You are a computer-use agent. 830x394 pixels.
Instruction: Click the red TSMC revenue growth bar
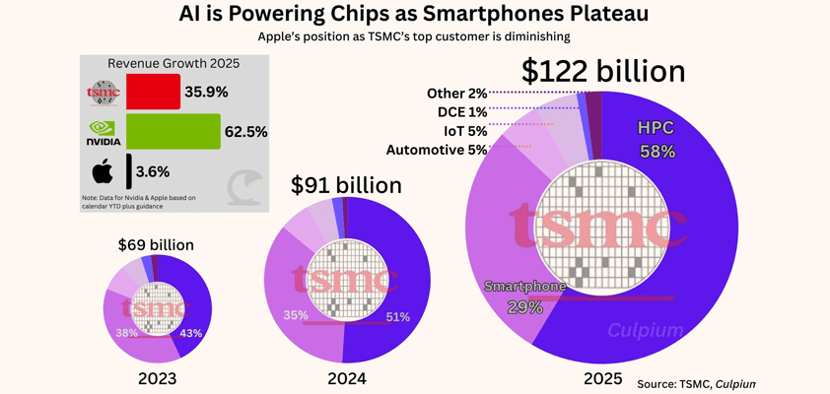click(150, 92)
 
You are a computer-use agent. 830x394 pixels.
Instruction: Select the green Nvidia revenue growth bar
click(171, 131)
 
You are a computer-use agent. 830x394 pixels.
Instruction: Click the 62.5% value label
click(247, 131)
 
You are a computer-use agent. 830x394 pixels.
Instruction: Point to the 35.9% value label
click(208, 92)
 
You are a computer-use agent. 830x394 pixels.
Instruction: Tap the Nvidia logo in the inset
click(103, 132)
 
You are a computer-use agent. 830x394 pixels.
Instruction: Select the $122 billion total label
click(603, 71)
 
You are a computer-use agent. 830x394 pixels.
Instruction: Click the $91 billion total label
click(346, 184)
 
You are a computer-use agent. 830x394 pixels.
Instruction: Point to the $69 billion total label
click(156, 244)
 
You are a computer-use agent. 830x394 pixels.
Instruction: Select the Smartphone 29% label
click(524, 296)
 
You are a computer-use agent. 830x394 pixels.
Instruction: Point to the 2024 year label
click(346, 379)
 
